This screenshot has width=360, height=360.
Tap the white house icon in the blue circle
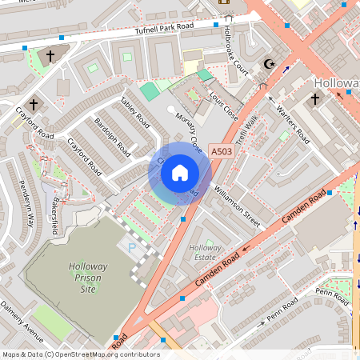[x=180, y=172]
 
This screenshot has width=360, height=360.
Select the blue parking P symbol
[x=132, y=249]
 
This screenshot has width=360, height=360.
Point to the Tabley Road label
[x=134, y=113]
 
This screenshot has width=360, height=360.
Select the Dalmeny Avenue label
[x=21, y=318]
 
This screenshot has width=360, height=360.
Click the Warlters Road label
[x=293, y=124]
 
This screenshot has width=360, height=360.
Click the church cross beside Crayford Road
[x=34, y=104]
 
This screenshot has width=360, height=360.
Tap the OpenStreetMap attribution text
[x=80, y=354]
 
